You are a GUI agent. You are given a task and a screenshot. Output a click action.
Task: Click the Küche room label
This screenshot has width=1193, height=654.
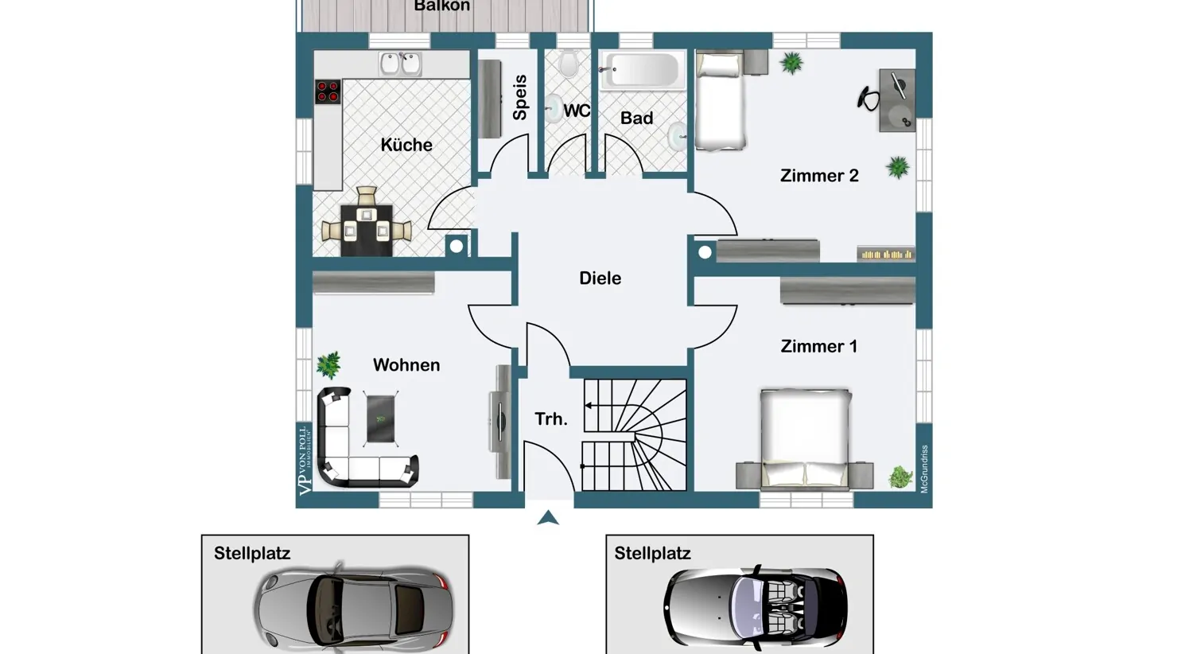[x=406, y=145]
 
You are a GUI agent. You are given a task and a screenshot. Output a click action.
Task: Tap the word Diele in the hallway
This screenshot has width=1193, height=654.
[x=600, y=278]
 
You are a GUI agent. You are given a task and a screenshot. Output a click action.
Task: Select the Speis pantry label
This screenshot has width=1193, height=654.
[x=520, y=97]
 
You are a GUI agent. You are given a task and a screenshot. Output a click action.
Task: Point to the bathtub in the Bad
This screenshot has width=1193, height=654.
[x=643, y=70]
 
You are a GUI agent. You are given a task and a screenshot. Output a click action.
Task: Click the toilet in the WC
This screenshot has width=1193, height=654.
[x=568, y=62]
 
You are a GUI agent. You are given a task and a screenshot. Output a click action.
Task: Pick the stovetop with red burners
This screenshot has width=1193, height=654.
[x=328, y=91]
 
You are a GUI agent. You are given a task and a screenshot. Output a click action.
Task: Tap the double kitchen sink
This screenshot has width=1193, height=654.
[x=400, y=63]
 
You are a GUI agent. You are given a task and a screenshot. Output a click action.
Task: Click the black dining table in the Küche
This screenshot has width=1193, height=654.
[x=367, y=230]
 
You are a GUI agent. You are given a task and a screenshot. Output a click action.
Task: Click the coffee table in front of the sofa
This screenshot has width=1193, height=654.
[x=381, y=418]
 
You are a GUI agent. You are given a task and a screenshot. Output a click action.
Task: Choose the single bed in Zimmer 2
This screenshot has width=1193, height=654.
[x=721, y=99]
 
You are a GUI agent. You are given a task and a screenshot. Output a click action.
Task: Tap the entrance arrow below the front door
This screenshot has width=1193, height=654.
[x=548, y=518]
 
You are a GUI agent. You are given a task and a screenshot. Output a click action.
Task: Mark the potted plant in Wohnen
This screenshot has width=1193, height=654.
[x=328, y=364]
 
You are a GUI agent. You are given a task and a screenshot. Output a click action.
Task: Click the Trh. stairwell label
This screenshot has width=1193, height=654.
[x=551, y=418]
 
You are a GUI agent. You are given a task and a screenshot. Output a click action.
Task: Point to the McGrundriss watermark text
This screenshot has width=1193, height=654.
[x=924, y=469]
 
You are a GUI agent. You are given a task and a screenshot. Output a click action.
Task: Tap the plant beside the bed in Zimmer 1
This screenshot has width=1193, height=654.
[x=900, y=477]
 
